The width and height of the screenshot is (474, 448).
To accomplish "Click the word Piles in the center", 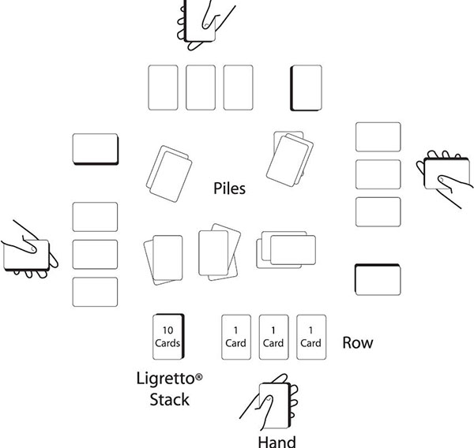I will pyautogui.click(x=230, y=189).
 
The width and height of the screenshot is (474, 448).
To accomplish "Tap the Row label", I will pyautogui.click(x=357, y=343).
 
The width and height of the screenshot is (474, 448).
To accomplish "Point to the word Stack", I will pyautogui.click(x=170, y=399).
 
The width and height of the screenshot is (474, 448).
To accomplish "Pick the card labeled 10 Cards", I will pyautogui.click(x=167, y=337).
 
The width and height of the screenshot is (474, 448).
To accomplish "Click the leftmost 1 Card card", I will pyautogui.click(x=235, y=337).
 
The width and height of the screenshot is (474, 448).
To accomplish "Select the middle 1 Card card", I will pyautogui.click(x=273, y=337).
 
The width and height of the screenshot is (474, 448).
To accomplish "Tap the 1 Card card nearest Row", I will pyautogui.click(x=310, y=337).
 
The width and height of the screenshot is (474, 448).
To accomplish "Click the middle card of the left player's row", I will pyautogui.click(x=95, y=254).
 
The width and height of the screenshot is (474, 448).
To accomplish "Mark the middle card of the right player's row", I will pyautogui.click(x=378, y=174).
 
